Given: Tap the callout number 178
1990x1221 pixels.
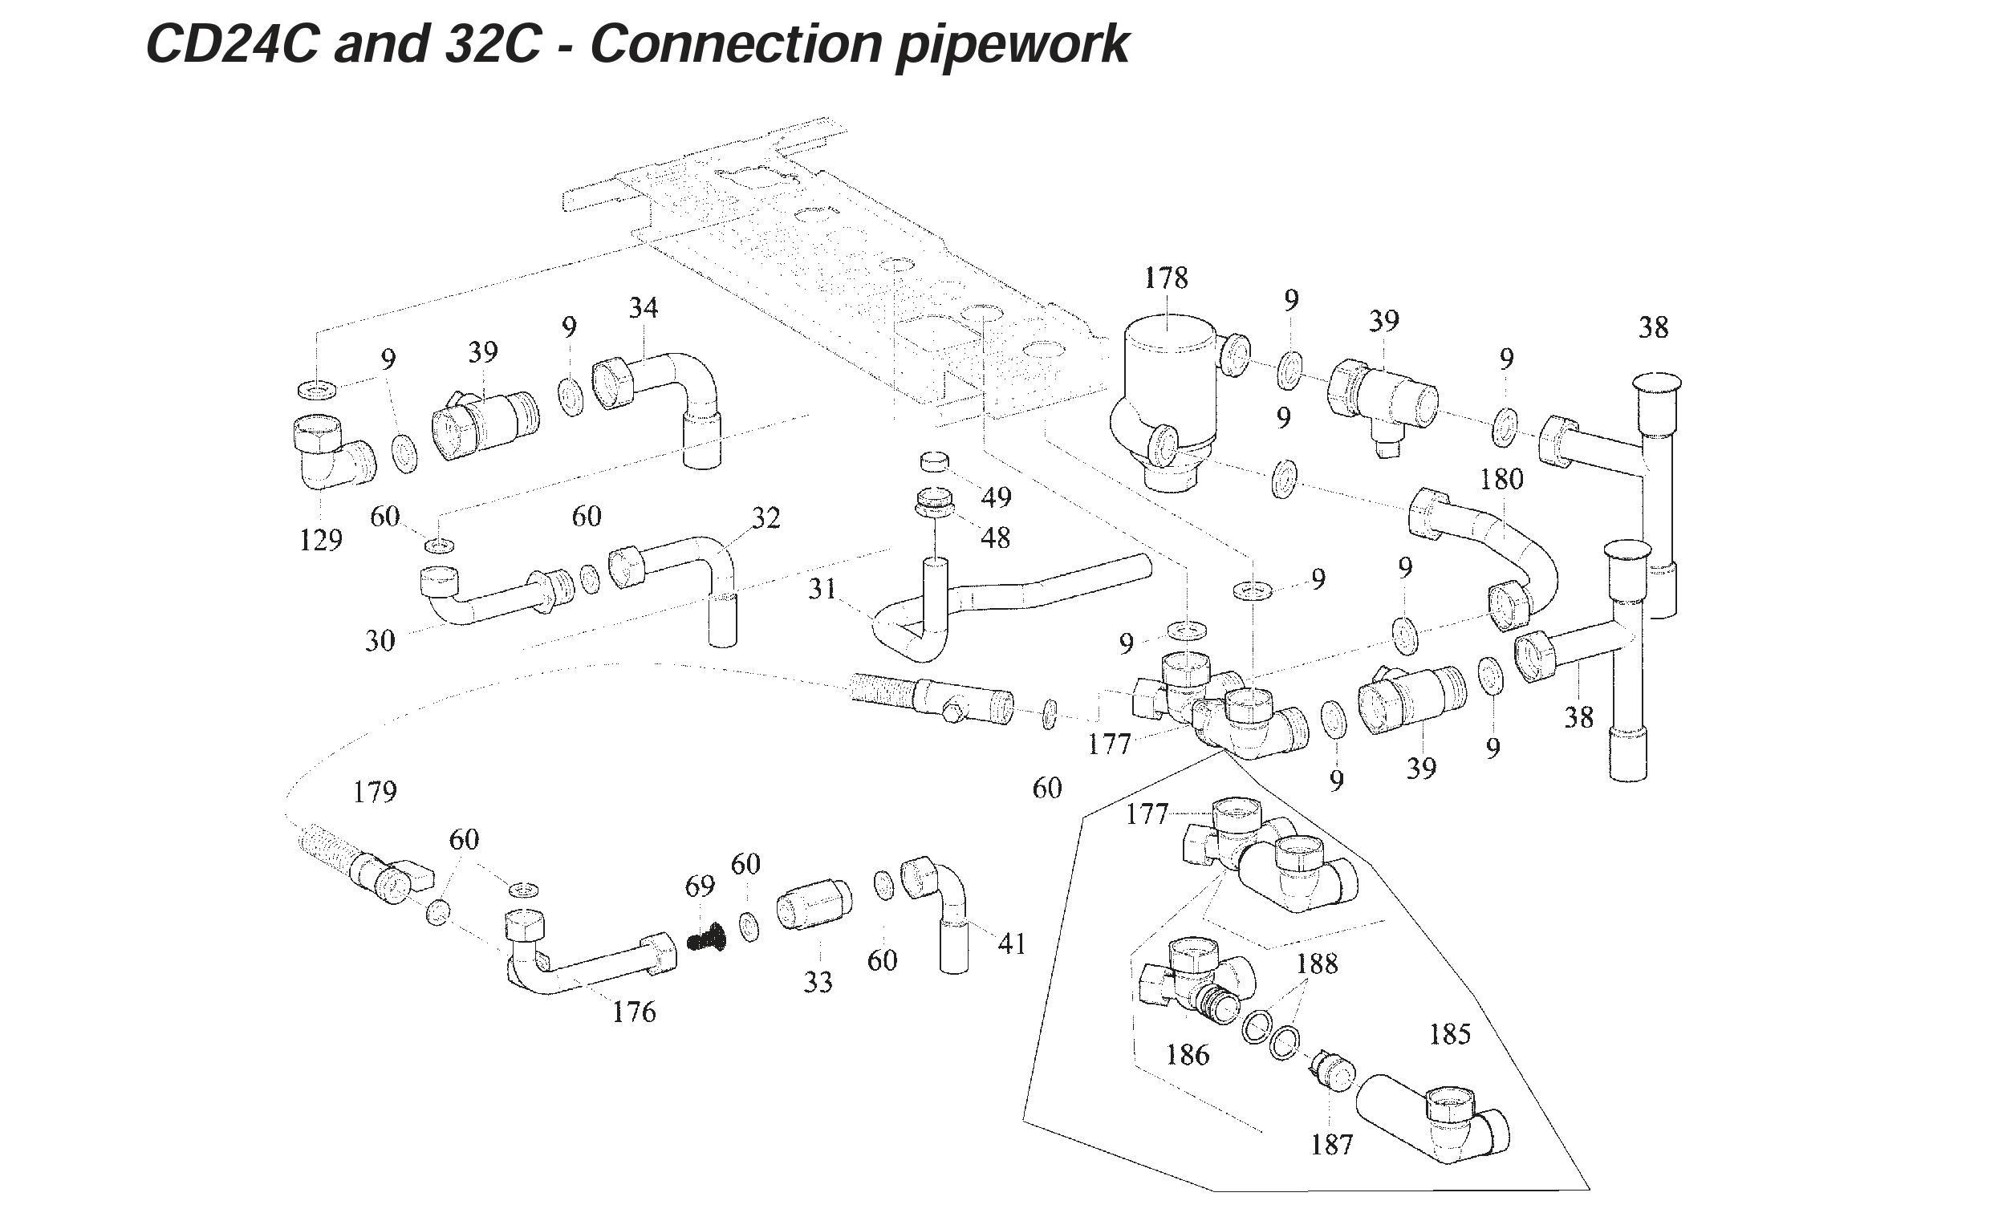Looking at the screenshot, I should point(1165,278).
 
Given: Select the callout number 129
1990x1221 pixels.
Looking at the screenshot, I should point(321,539).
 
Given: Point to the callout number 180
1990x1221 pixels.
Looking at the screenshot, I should point(1501,479).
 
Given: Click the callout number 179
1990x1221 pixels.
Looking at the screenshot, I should point(375,792).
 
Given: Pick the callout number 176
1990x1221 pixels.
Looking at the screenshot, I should point(634,1012).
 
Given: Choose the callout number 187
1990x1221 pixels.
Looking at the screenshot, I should point(1331,1144).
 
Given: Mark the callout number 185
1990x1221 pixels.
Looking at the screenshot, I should point(1450,1033).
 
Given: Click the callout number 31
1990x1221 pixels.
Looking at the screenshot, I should point(822,589).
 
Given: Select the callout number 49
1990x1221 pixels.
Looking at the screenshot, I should point(996,497).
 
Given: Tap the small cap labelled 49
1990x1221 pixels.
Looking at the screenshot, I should point(936,462).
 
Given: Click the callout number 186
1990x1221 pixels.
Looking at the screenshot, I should point(1188,1055).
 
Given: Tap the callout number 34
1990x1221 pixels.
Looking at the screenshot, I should point(643,308).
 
